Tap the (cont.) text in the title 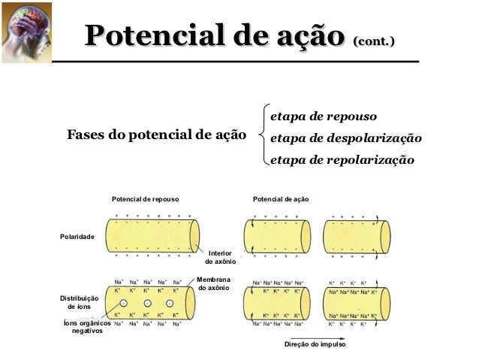[373, 38]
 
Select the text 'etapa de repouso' [323, 116]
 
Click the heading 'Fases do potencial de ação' [156, 135]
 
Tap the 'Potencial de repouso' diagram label [145, 198]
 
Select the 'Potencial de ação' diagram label [281, 198]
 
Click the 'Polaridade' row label [77, 237]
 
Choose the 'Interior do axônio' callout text [221, 258]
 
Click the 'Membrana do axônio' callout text [212, 283]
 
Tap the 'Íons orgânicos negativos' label [87, 327]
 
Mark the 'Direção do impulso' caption [315, 343]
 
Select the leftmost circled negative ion [123, 303]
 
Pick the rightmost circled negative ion [171, 303]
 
